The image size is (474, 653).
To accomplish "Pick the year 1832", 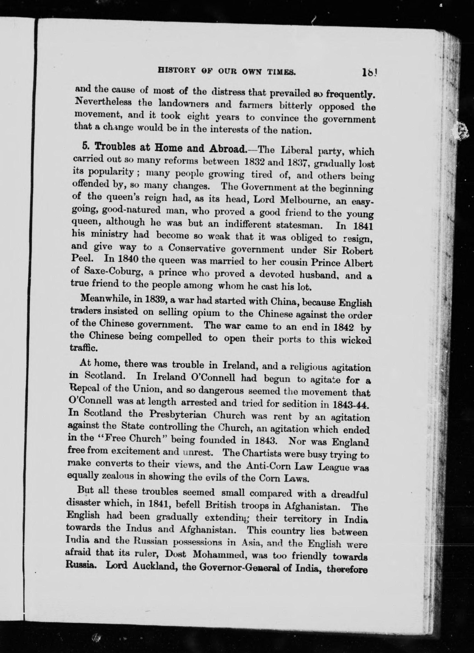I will pyautogui.click(x=254, y=162).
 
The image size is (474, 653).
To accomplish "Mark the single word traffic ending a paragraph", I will pyautogui.click(x=80, y=348).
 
